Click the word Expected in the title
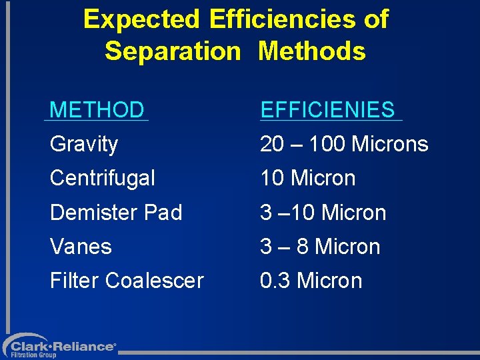click(142, 20)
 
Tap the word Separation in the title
click(172, 51)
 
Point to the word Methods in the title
click(312, 51)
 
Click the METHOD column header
click(97, 110)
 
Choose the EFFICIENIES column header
click(327, 110)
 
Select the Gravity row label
click(84, 144)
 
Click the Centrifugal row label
click(102, 178)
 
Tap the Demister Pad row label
click(116, 213)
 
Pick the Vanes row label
click(81, 247)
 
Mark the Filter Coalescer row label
click(127, 281)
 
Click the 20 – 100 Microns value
click(344, 144)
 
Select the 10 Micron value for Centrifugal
click(308, 178)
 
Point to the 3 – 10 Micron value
click(323, 213)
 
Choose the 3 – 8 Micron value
click(320, 247)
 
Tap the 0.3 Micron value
click(311, 281)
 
